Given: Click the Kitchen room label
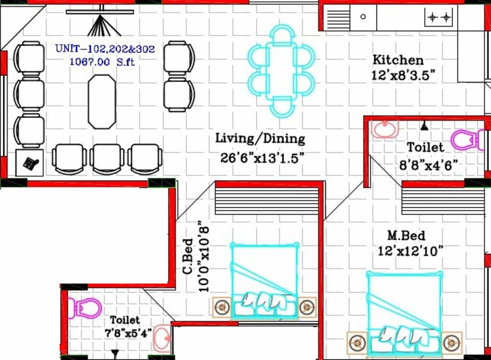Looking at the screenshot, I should tap(398, 60).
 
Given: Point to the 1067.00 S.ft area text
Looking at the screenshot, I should tap(102, 61).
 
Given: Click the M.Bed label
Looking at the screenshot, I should tap(406, 235).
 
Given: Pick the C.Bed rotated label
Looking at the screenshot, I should tap(188, 256).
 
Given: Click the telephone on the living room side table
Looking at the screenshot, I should tap(30, 163).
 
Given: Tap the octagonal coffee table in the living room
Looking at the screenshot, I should tap(101, 101).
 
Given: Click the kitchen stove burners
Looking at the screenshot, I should tap(439, 18).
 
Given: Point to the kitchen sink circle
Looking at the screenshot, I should tap(363, 17).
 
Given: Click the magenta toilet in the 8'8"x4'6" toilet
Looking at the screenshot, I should tap(465, 140).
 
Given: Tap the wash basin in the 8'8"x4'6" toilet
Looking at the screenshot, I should tap(385, 127).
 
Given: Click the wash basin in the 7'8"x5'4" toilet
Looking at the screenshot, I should tap(162, 337).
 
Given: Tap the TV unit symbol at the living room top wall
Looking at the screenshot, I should tap(100, 21).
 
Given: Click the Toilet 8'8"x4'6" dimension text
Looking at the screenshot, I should tap(429, 165).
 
